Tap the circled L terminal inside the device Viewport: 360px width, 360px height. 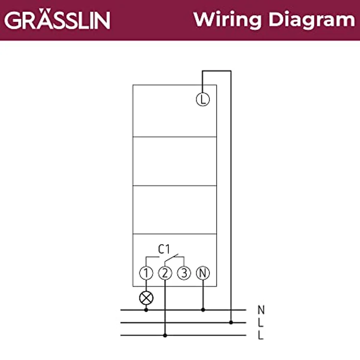[x=202, y=99]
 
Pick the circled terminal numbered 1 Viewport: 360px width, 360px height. [x=146, y=273]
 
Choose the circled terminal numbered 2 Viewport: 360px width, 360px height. [x=165, y=273]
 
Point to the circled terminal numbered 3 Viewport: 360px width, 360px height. [x=184, y=273]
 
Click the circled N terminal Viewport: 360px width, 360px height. [x=202, y=273]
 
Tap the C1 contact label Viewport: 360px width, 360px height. [x=164, y=249]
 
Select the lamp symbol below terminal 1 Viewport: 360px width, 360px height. [x=146, y=298]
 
